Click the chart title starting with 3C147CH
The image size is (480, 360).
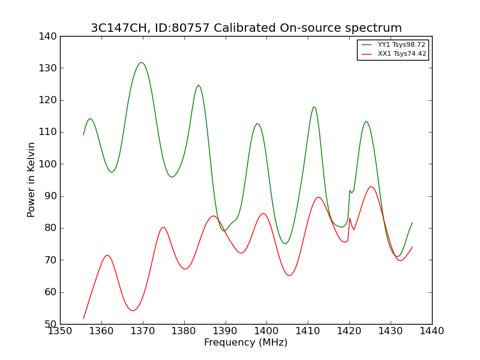246,28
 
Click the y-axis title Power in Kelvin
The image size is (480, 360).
31,179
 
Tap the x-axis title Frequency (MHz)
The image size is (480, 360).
246,342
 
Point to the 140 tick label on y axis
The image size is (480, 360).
48,37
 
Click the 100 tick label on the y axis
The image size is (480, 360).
48,164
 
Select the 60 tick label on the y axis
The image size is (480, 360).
50,292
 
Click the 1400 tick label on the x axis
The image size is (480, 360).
266,331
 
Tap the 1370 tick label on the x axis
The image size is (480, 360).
143,331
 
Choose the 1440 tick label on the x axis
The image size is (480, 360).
432,331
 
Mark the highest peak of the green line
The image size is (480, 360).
141,62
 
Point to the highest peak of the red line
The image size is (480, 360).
371,187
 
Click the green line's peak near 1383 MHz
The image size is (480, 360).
199,85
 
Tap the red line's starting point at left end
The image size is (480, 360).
83,319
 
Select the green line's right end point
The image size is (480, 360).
412,223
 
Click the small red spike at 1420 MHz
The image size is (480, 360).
350,218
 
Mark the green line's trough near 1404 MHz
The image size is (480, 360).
285,244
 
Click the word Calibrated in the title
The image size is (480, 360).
245,28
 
